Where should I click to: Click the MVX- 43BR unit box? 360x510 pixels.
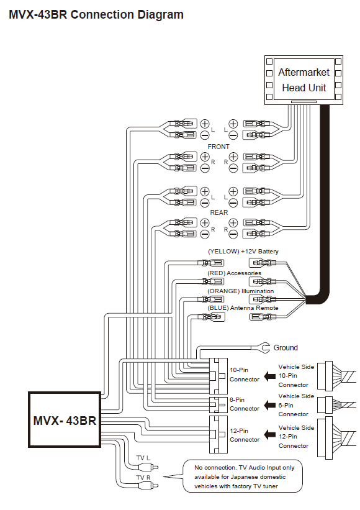pyautogui.click(x=65, y=419)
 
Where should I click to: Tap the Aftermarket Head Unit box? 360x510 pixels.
pyautogui.click(x=304, y=80)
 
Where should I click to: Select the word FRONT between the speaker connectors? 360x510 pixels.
pyautogui.click(x=218, y=147)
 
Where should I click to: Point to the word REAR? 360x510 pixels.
pyautogui.click(x=218, y=212)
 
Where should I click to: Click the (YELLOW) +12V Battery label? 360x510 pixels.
pyautogui.click(x=243, y=252)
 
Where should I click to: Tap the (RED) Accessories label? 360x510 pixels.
pyautogui.click(x=234, y=273)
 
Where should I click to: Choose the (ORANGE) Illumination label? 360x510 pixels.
pyautogui.click(x=240, y=291)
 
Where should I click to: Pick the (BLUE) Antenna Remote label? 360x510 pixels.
pyautogui.click(x=243, y=308)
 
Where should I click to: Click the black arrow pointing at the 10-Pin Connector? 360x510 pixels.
pyautogui.click(x=269, y=376)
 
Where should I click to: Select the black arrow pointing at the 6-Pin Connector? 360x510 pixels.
pyautogui.click(x=269, y=405)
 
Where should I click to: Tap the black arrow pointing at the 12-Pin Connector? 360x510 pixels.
pyautogui.click(x=269, y=435)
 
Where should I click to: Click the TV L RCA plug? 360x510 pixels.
pyautogui.click(x=148, y=467)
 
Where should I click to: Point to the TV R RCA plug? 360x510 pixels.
pyautogui.click(x=148, y=486)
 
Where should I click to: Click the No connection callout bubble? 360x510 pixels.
pyautogui.click(x=243, y=476)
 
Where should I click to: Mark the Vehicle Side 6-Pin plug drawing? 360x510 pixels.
pyautogui.click(x=336, y=405)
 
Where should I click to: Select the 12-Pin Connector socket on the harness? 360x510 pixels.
pyautogui.click(x=218, y=435)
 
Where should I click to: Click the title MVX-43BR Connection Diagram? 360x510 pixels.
pyautogui.click(x=96, y=15)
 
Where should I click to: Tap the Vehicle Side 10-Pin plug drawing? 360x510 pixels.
pyautogui.click(x=336, y=376)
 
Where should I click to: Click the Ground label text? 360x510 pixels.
pyautogui.click(x=286, y=348)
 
